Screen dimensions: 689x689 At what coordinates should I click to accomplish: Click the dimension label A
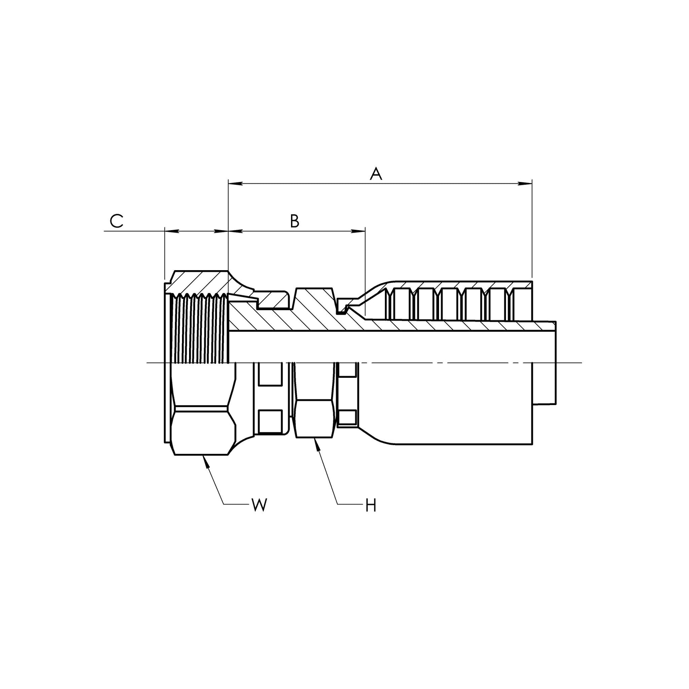[x=376, y=174]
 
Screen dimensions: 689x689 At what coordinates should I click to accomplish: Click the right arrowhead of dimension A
[x=525, y=184]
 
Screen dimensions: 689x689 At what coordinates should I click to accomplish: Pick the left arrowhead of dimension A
[x=235, y=184]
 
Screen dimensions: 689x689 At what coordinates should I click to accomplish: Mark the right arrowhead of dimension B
[x=358, y=232]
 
